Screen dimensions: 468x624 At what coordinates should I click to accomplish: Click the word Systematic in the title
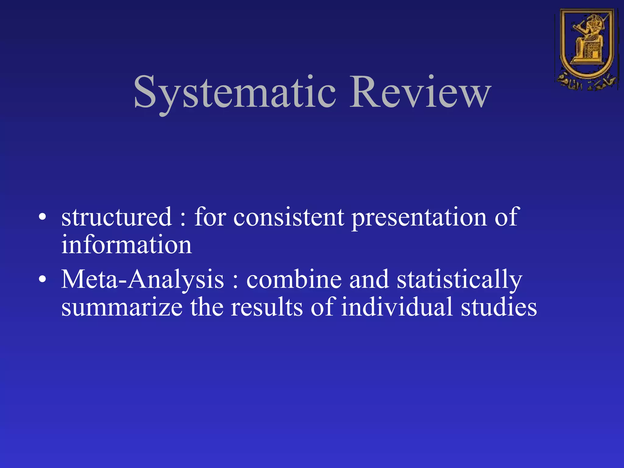pyautogui.click(x=235, y=92)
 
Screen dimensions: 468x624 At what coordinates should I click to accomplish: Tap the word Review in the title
pyautogui.click(x=420, y=92)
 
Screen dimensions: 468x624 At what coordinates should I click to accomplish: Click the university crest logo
pyautogui.click(x=587, y=49)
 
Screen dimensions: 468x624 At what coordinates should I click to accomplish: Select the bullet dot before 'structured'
pyautogui.click(x=43, y=217)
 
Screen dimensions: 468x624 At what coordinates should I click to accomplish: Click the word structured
pyautogui.click(x=116, y=217)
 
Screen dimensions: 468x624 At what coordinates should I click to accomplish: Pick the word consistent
pyautogui.click(x=289, y=217)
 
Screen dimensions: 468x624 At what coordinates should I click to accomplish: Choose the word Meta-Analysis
pyautogui.click(x=143, y=280)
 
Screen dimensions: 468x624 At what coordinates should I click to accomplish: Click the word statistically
pyautogui.click(x=459, y=280)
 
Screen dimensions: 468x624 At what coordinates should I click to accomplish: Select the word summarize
pyautogui.click(x=122, y=307)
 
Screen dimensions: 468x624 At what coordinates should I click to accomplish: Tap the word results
pyautogui.click(x=267, y=307)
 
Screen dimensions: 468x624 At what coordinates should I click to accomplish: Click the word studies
pyautogui.click(x=499, y=307)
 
